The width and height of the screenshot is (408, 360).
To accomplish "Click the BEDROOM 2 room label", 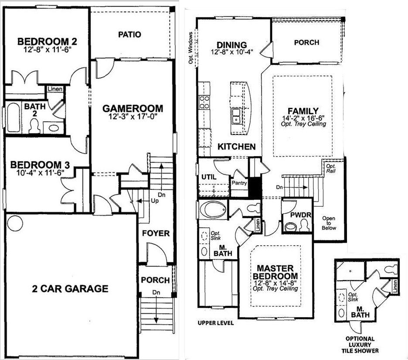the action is [x=47, y=41].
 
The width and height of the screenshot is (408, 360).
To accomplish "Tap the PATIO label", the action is [x=129, y=34].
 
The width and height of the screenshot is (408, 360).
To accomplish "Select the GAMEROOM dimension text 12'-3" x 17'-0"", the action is [x=133, y=116].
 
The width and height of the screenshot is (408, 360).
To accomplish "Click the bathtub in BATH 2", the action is [x=13, y=117].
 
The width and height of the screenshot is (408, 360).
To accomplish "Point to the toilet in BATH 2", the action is [x=34, y=126].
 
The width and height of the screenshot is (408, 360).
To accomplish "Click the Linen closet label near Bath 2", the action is [x=55, y=89].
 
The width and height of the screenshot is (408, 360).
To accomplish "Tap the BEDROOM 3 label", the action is [x=40, y=165].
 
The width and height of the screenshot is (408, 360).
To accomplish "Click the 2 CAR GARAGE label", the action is [x=70, y=288].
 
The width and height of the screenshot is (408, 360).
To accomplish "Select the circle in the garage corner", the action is [x=15, y=223].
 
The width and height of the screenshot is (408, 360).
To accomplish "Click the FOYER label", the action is [x=156, y=233].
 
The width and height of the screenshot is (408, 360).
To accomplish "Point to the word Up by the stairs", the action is [x=155, y=201].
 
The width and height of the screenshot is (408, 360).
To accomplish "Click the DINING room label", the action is [x=231, y=45].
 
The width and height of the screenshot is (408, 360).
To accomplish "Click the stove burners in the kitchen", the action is [x=204, y=102].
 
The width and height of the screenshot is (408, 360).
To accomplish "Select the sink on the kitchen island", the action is [x=236, y=116].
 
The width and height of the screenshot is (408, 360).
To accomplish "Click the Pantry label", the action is [x=239, y=183].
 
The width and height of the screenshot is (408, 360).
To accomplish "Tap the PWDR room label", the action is [x=301, y=215].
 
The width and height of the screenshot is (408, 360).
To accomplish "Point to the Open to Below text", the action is [x=329, y=223].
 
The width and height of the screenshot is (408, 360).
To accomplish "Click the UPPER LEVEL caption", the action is [x=216, y=323].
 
